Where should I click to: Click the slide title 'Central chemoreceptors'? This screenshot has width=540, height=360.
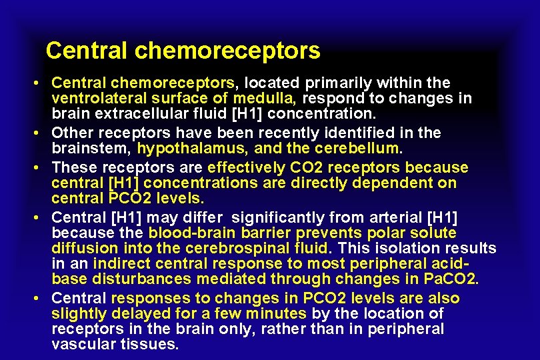click(183, 51)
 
